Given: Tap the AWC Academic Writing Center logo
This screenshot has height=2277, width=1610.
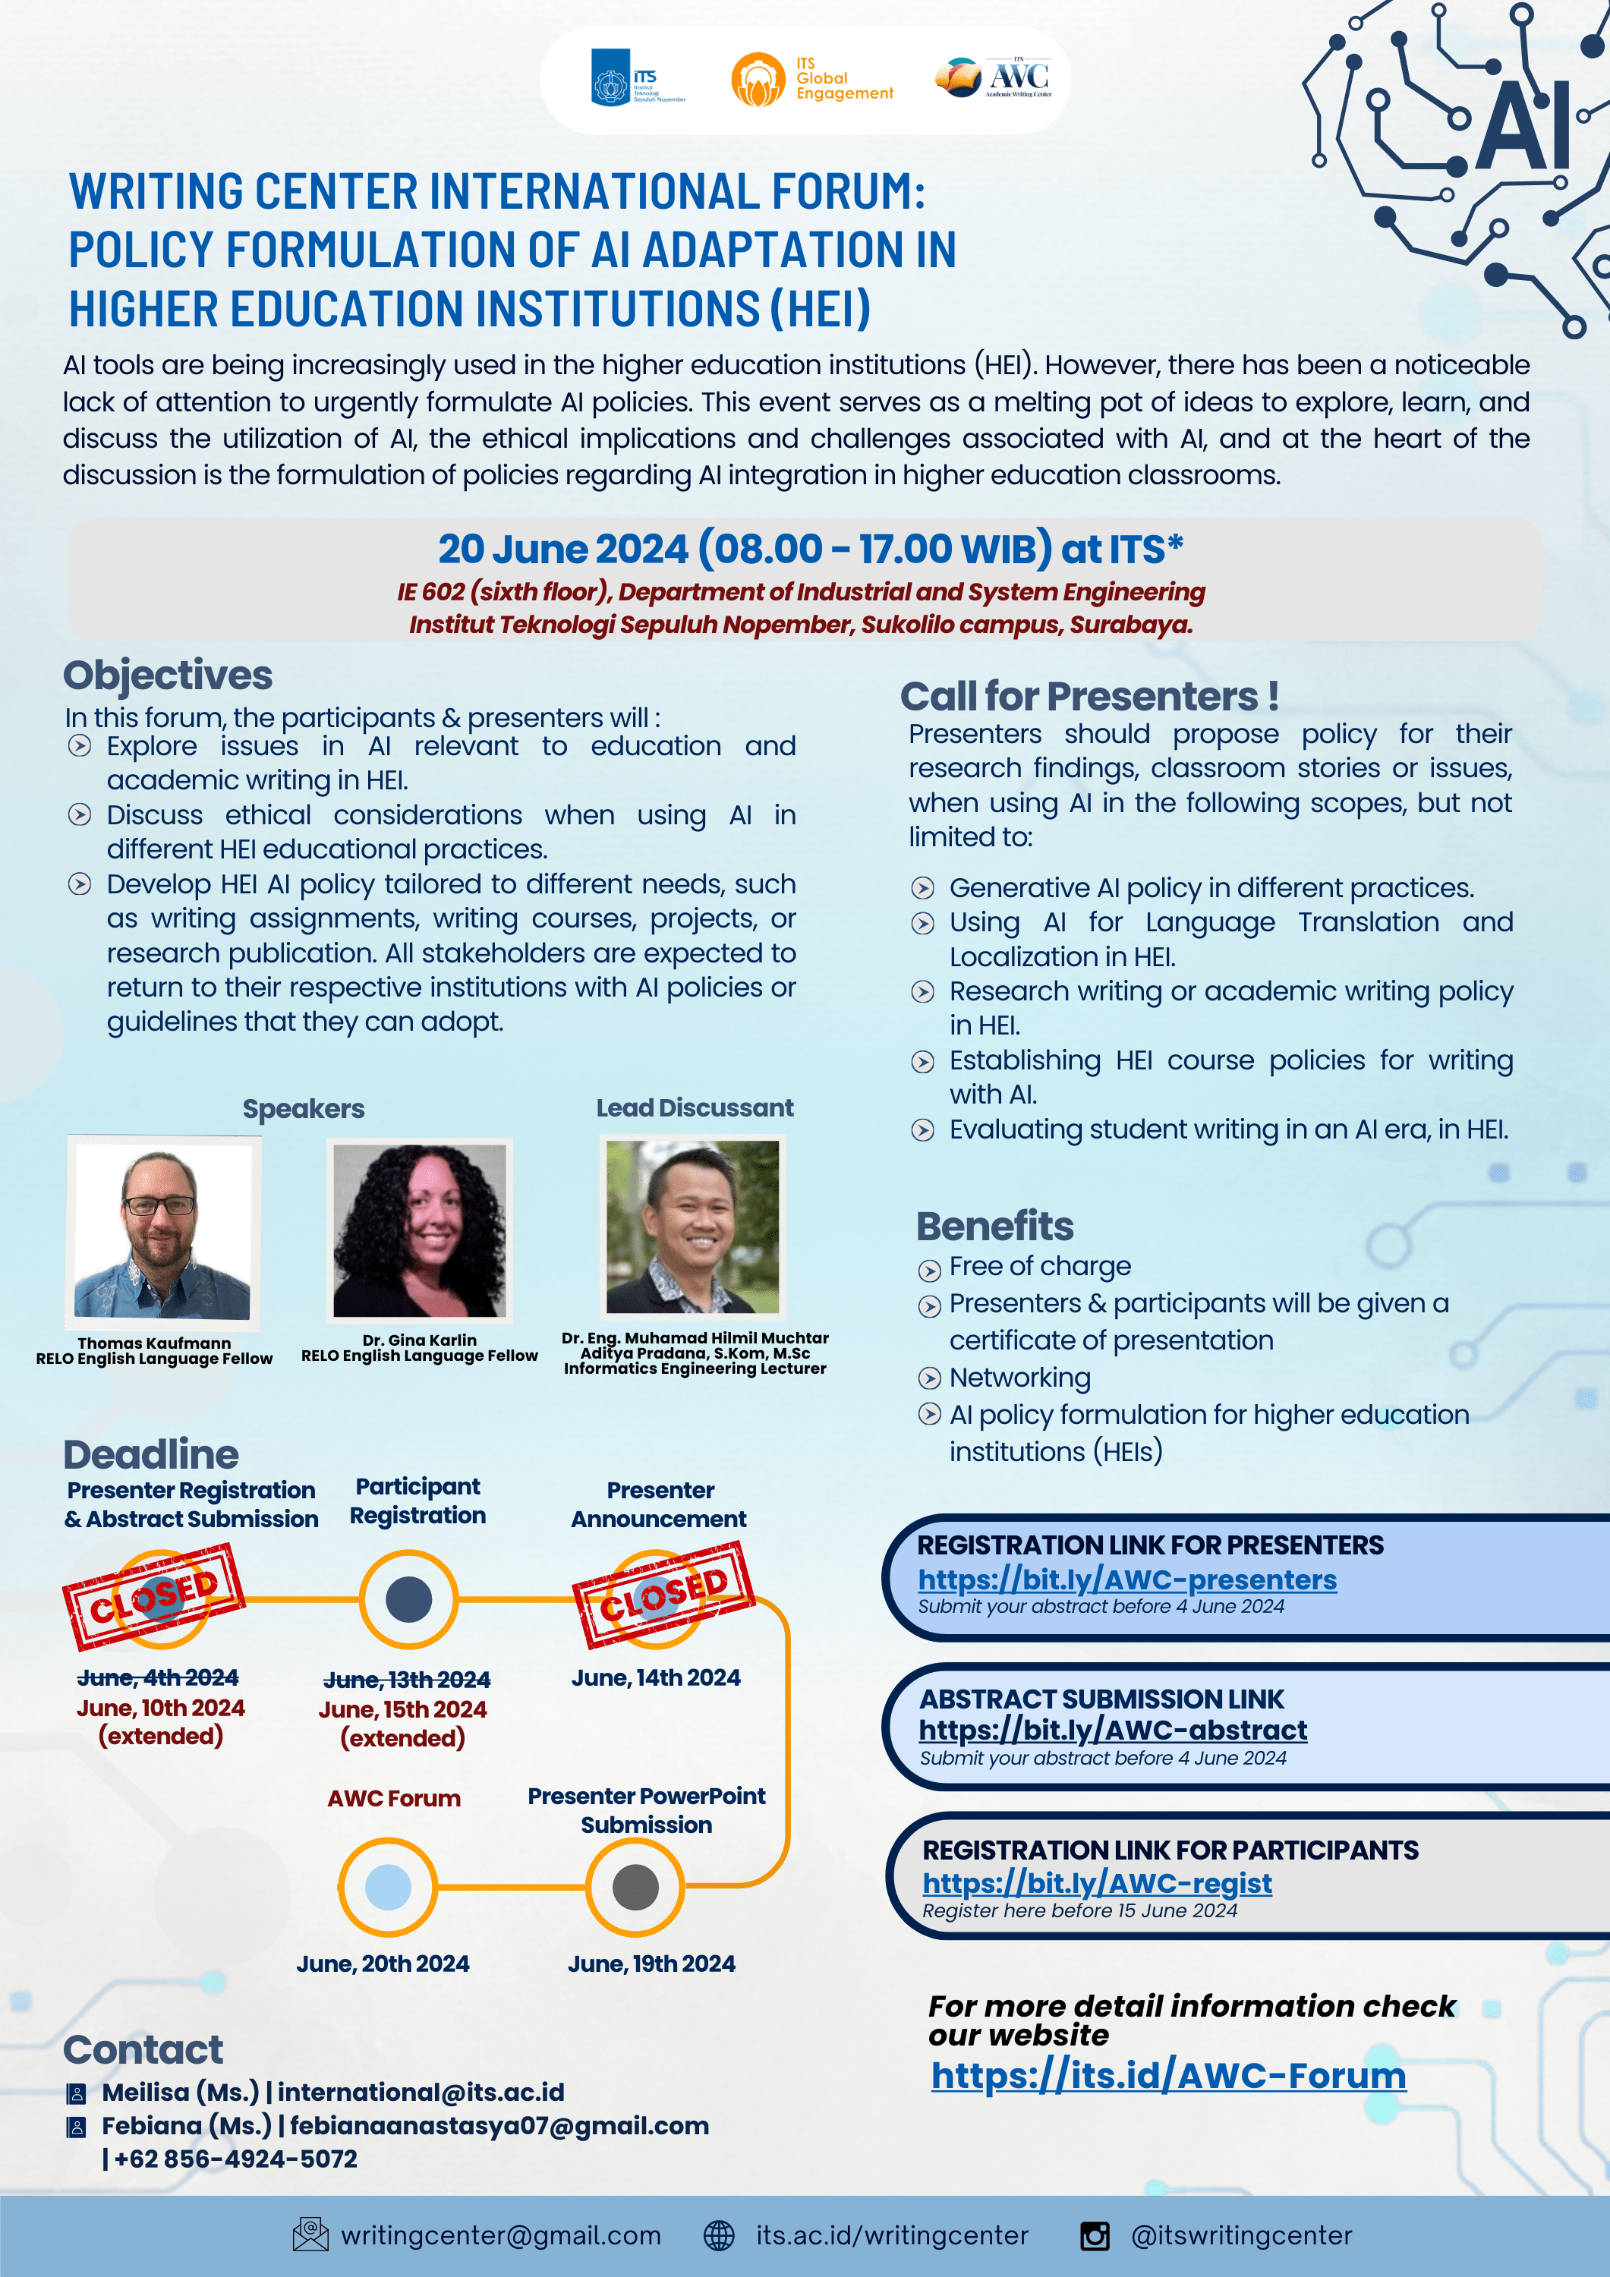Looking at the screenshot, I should [994, 77].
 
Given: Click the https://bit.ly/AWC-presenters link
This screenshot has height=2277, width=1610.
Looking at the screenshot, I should [1127, 1579].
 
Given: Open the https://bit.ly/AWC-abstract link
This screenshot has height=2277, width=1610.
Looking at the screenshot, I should [1112, 1730].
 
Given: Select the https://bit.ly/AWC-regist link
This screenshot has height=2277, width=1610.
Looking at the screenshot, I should [1096, 1882].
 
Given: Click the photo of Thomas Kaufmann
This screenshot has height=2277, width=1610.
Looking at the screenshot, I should [162, 1231].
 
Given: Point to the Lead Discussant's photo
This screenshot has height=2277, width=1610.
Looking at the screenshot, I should [692, 1227].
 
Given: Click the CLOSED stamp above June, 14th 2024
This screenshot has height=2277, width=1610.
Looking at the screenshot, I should [663, 1595].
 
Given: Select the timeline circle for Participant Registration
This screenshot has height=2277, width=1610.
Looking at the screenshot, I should [408, 1600].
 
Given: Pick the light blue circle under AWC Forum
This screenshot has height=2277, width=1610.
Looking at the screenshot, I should [388, 1886].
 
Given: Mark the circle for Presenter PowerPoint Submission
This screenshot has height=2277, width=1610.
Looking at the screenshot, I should [635, 1886].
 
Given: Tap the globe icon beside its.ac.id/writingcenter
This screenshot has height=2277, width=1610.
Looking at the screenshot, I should [719, 2235].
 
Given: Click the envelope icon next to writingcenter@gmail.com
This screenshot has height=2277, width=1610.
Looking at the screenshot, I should [310, 2234].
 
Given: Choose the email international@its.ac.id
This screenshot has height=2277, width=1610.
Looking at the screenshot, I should [421, 2092].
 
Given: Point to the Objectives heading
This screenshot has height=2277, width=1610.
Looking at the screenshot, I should [168, 676].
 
